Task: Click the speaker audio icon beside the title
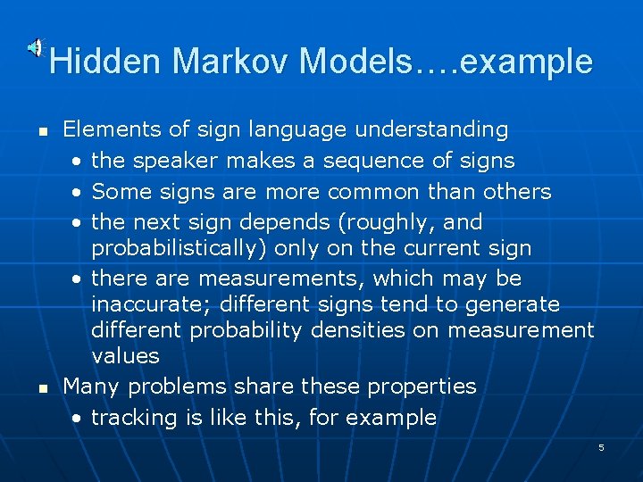[x=35, y=47]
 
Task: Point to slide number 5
[x=601, y=447]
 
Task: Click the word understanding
[x=431, y=129]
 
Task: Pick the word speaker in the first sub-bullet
[x=175, y=161]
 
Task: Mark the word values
[x=125, y=356]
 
